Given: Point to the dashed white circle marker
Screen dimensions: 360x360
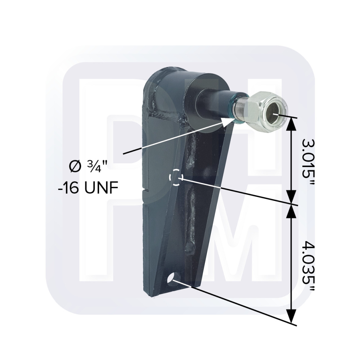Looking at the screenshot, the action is (176, 177).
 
